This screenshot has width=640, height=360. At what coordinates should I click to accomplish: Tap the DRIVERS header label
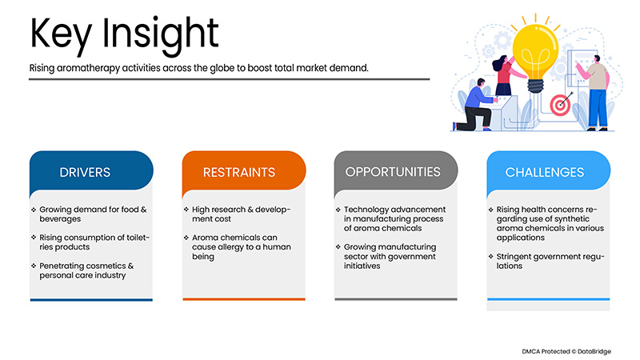tap(85, 172)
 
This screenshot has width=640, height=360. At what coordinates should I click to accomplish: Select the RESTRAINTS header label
tap(239, 172)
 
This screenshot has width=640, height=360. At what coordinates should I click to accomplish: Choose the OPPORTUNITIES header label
tap(393, 172)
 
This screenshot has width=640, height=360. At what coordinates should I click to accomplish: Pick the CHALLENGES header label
tap(545, 172)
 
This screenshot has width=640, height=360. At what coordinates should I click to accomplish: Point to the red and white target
tap(560, 105)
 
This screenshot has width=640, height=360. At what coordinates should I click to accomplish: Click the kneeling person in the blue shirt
tap(474, 106)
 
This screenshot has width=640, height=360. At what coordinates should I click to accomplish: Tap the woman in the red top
tap(506, 75)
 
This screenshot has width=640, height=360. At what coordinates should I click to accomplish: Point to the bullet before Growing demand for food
tap(34, 210)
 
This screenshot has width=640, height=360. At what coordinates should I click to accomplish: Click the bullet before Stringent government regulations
tap(490, 256)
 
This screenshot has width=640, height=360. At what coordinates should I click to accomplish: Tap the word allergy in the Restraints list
tap(229, 247)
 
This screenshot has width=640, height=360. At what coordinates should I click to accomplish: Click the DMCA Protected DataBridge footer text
tap(566, 351)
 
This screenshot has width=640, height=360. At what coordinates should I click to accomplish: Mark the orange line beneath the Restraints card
tap(244, 299)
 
